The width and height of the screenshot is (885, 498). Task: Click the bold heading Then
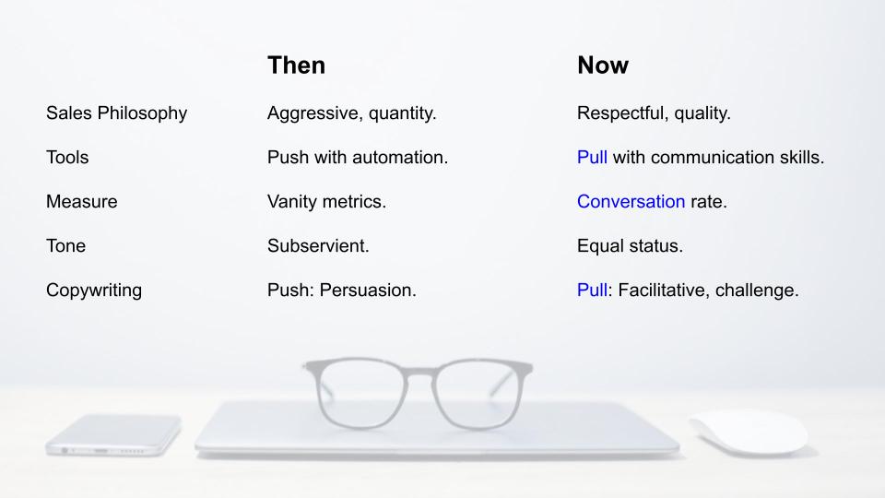point(296,65)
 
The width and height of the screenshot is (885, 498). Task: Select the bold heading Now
point(603,65)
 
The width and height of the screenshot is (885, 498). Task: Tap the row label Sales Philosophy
point(116,113)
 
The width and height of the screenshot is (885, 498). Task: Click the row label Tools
point(67,157)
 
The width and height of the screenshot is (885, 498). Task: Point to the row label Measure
point(82,202)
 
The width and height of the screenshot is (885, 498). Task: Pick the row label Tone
point(66,245)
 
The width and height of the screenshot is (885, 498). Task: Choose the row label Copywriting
point(94,290)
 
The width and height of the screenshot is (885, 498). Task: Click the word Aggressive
point(314,113)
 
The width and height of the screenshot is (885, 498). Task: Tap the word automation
point(400,157)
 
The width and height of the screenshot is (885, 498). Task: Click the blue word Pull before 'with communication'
point(592,157)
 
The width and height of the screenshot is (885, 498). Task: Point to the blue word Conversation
point(631,202)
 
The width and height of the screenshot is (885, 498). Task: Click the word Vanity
point(292,202)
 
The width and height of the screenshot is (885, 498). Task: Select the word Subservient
point(318,245)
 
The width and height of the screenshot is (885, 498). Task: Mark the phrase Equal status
point(630,245)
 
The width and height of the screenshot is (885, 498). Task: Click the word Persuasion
point(368,290)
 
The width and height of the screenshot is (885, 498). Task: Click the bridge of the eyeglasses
point(419,373)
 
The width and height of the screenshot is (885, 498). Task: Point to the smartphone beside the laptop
point(113,434)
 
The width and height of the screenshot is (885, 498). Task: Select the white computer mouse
point(749,433)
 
